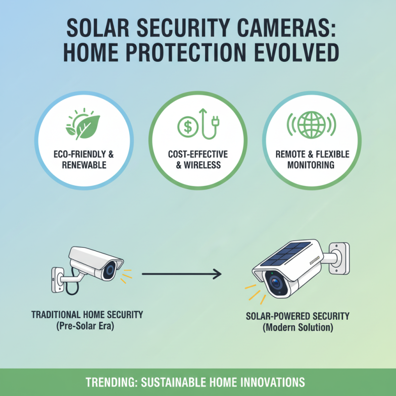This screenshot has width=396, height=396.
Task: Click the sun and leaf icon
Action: (83, 124)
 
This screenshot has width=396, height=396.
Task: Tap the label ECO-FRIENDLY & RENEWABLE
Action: (84, 159)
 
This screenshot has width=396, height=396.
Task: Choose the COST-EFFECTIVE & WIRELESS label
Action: (198, 159)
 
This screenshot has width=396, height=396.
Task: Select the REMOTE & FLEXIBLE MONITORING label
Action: (312, 159)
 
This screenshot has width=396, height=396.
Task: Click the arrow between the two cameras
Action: (181, 273)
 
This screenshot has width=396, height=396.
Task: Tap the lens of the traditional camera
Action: (109, 270)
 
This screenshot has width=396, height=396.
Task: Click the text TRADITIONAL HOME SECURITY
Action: (87, 314)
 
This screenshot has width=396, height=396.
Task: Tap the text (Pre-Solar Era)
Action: (87, 326)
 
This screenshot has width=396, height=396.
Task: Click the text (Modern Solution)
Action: (297, 328)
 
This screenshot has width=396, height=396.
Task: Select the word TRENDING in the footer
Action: (109, 383)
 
